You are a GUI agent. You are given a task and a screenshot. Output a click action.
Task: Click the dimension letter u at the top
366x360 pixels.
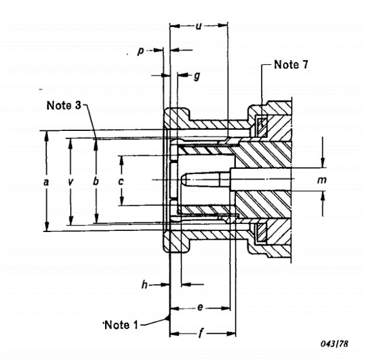click(x=198, y=26)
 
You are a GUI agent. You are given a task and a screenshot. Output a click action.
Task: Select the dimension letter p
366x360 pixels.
click(x=140, y=51)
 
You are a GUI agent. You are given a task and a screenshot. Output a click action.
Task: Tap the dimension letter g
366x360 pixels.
click(x=196, y=76)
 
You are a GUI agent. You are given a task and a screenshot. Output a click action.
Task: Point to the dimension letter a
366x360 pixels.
click(x=46, y=182)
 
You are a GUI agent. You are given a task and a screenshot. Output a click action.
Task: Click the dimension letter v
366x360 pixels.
click(x=71, y=182)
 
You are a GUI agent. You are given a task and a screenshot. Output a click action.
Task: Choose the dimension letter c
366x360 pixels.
click(x=121, y=182)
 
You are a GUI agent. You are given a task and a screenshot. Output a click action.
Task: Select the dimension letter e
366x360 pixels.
click(x=200, y=307)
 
